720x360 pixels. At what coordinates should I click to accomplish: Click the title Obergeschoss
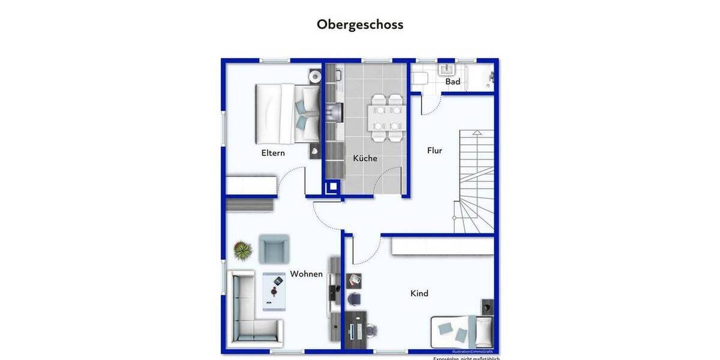(360, 25)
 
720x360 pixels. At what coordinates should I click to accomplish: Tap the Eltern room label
(273, 153)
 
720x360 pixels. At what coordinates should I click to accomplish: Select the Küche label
(365, 158)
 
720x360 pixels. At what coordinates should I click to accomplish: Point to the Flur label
(434, 151)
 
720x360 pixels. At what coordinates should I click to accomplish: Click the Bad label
(452, 82)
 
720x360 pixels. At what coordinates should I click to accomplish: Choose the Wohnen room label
(306, 274)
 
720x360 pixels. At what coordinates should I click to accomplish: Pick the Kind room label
(419, 293)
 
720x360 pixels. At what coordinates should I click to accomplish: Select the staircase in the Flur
(475, 180)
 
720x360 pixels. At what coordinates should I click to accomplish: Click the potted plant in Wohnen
(242, 250)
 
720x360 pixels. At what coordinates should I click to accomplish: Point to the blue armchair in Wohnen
(274, 248)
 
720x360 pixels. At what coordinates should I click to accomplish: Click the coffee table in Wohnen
(274, 291)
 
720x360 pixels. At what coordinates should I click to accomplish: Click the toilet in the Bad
(420, 77)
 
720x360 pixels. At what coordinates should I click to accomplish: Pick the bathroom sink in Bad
(448, 70)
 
